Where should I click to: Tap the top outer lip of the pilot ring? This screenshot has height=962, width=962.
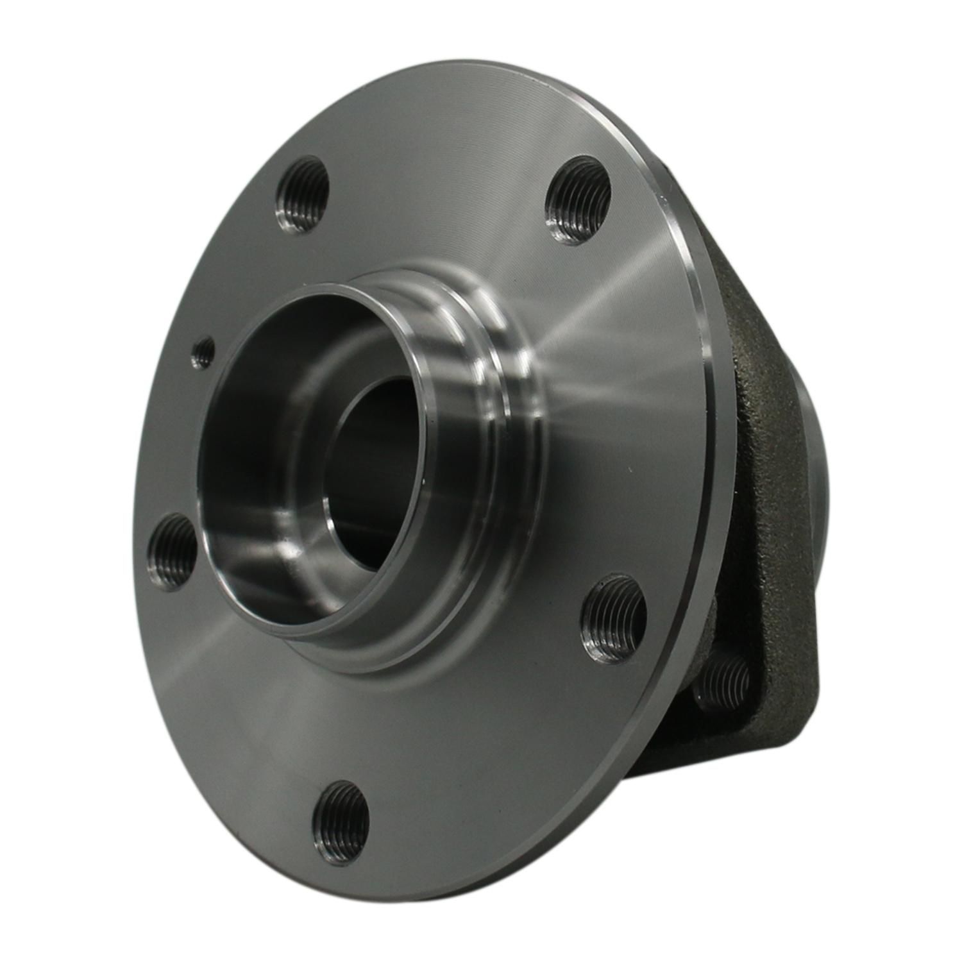[x=359, y=282]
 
